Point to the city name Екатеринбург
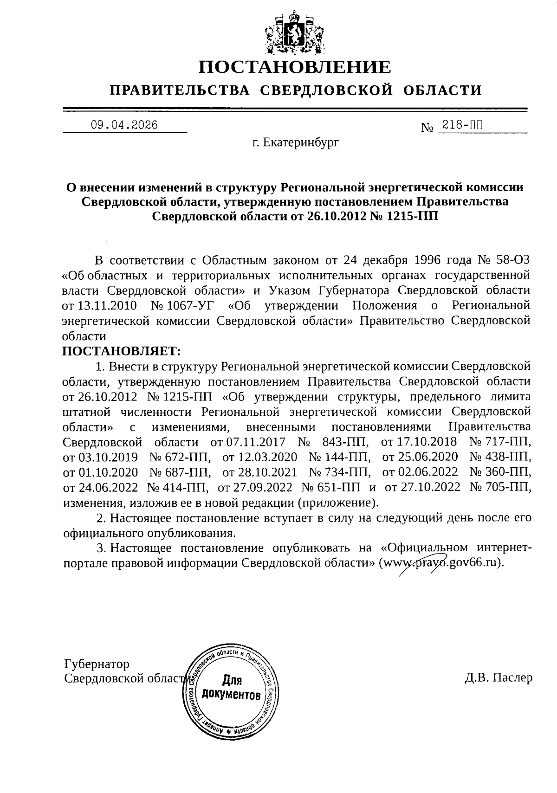301,142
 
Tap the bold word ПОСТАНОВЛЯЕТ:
121,351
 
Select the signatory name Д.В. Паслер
499,678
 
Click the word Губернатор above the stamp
97,664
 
